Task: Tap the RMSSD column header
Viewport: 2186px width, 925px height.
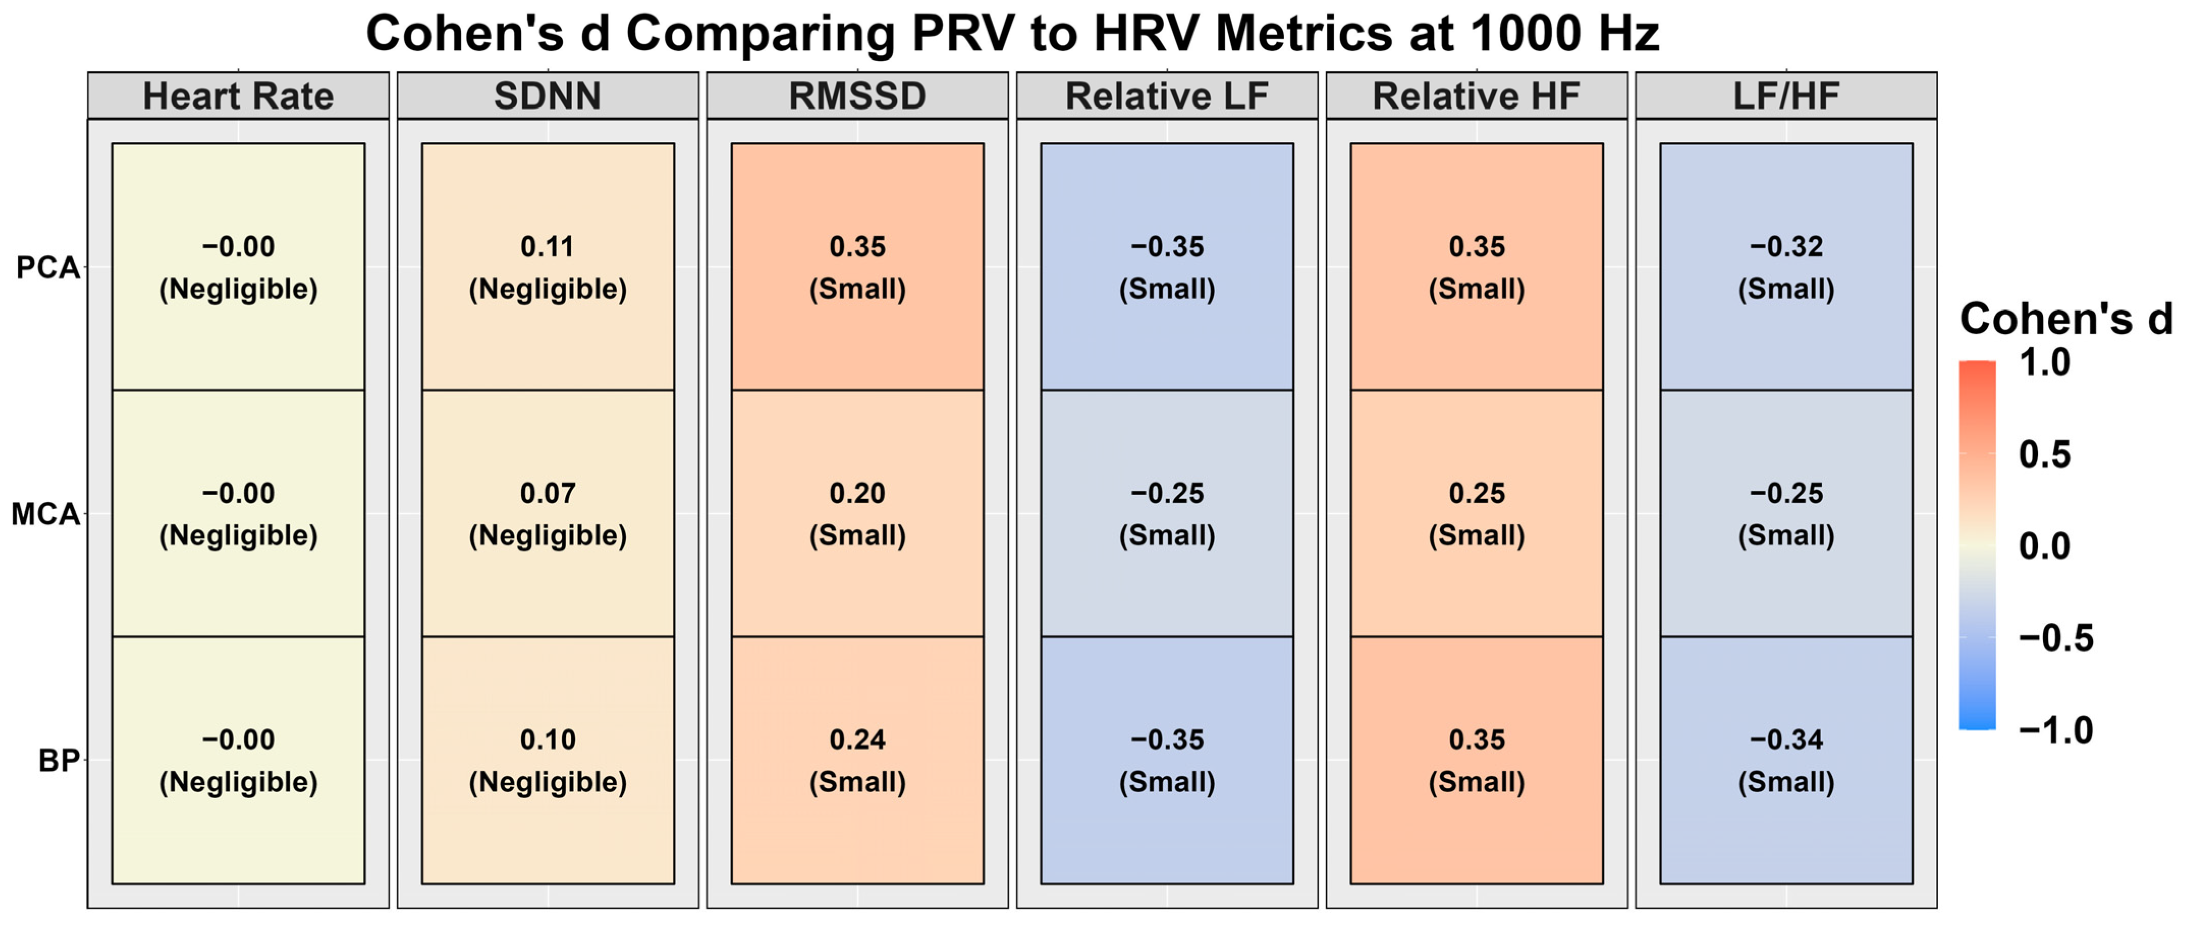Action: (857, 96)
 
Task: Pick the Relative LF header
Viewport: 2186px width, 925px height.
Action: (1167, 96)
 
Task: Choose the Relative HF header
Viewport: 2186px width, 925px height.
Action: (1477, 96)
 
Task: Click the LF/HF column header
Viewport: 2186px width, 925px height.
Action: (1786, 96)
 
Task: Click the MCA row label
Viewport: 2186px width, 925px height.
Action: (45, 514)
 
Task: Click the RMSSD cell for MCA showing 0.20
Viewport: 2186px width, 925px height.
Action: (857, 514)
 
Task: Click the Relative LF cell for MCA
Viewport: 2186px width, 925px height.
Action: (1167, 514)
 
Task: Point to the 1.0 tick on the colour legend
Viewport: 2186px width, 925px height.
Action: (2045, 363)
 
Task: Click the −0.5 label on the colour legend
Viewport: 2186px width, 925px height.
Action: (2055, 638)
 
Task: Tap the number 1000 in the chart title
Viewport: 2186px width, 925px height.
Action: (1525, 34)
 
